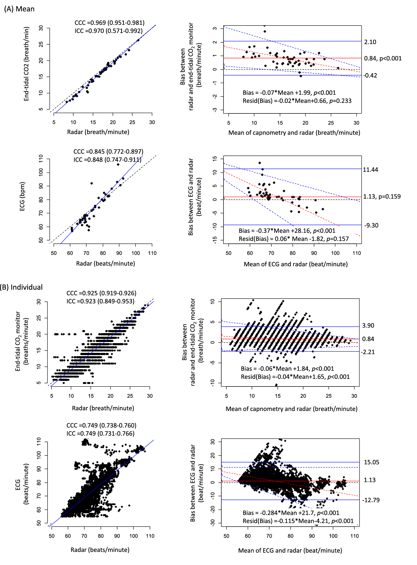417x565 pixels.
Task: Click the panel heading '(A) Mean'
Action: click(19, 9)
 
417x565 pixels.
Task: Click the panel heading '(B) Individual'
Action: click(21, 287)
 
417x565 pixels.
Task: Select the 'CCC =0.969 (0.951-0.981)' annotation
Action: click(109, 23)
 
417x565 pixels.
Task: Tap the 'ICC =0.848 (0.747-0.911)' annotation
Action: click(107, 160)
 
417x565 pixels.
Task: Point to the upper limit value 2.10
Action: click(370, 42)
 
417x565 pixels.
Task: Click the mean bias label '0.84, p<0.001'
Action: click(383, 58)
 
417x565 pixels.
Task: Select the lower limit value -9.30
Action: click(371, 225)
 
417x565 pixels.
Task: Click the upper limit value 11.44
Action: click(371, 170)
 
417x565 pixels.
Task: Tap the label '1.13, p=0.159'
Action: click(382, 197)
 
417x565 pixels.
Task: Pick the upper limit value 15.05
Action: click(371, 462)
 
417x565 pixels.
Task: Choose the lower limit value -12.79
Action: click(371, 500)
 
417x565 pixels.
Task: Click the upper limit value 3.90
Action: click(368, 325)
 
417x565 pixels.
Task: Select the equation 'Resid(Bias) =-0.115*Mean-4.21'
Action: click(298, 521)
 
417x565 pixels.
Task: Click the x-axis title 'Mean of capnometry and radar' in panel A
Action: click(294, 133)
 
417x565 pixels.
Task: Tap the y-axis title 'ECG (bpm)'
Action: click(22, 196)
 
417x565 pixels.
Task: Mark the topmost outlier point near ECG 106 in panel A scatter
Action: click(118, 165)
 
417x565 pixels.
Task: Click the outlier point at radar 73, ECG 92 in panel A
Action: click(92, 183)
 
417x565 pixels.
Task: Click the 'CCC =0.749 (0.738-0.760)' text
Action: click(101, 425)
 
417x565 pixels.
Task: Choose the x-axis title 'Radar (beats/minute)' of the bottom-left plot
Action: click(100, 550)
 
